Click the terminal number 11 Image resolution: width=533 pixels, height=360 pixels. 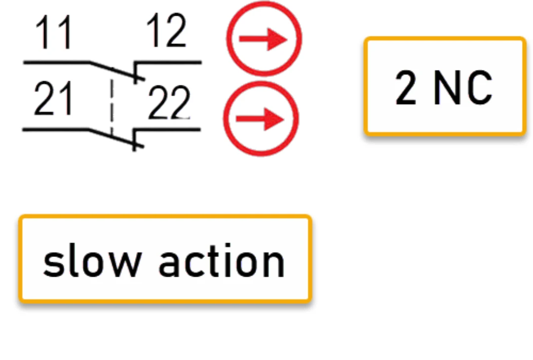coord(54,33)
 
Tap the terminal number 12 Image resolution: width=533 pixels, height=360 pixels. coord(166,31)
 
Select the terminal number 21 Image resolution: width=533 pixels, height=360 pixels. coord(53,99)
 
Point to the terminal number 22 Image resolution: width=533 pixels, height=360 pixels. coord(169,103)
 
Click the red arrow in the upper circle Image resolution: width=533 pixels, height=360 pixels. coord(263,39)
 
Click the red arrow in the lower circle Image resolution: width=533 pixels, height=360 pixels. coord(260,119)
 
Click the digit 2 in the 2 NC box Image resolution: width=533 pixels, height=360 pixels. coord(406,88)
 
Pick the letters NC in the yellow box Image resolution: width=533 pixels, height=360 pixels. coord(463,88)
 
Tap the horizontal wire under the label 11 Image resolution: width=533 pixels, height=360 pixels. coord(56,63)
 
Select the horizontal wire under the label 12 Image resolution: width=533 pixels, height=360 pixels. coord(168,63)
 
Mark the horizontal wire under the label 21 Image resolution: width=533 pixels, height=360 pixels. coord(56,129)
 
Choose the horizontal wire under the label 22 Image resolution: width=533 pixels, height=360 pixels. coord(167,129)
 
